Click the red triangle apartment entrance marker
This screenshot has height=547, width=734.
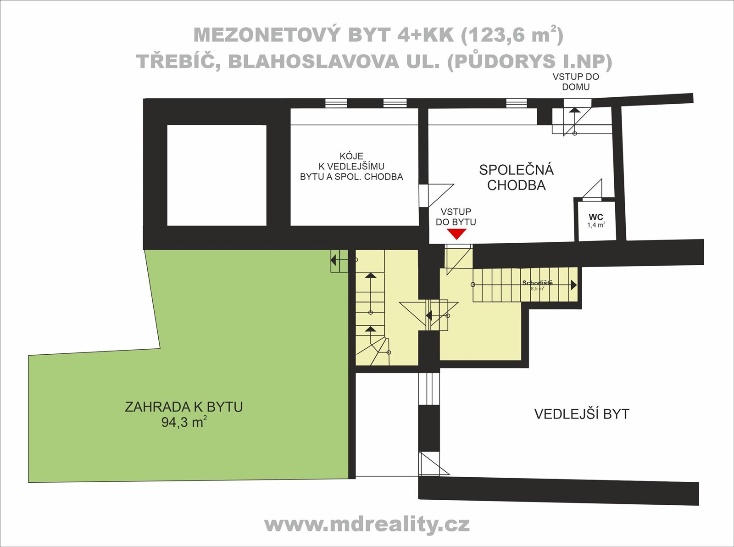tap(456, 234)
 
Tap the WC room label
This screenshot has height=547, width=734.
tap(595, 217)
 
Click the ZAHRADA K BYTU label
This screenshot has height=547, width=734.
tap(183, 407)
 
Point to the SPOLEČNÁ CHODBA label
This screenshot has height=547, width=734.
tap(516, 178)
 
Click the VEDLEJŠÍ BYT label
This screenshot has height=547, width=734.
tap(582, 414)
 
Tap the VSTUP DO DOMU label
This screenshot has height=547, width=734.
tap(576, 82)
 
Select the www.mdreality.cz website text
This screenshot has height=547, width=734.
tap(367, 525)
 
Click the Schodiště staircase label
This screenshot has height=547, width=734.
tap(538, 283)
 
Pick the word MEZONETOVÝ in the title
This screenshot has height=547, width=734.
tap(267, 35)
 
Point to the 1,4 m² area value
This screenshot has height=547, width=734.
tap(596, 225)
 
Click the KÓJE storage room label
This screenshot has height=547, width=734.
tap(351, 156)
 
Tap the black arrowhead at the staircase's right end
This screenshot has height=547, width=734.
tap(574, 285)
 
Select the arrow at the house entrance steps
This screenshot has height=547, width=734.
tap(574, 121)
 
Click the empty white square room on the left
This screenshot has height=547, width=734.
tap(217, 175)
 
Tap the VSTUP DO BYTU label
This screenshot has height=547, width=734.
tap(456, 217)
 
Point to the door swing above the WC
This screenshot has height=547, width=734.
tap(592, 189)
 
